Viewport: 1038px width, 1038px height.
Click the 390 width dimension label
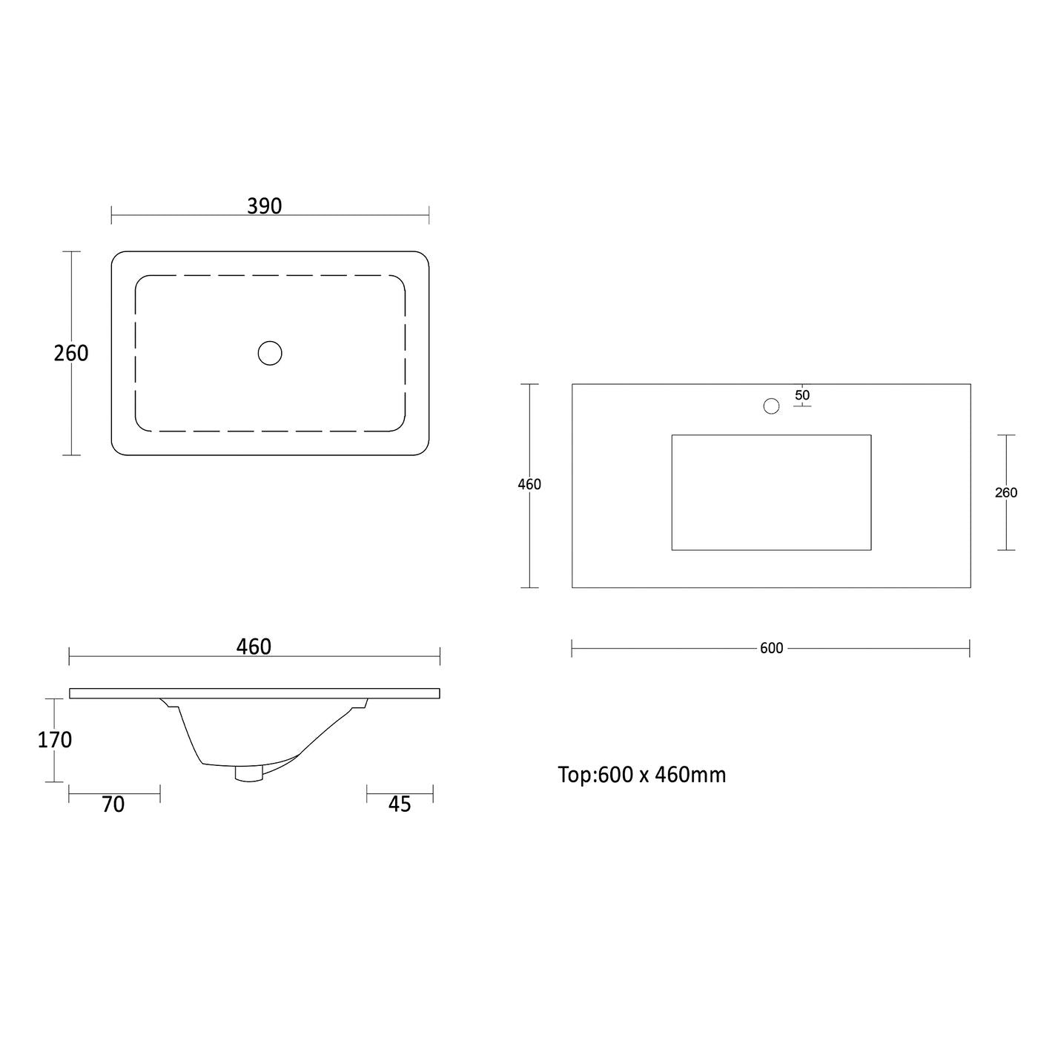click(264, 206)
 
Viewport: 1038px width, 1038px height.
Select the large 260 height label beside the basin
click(71, 354)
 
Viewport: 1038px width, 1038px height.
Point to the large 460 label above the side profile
click(254, 647)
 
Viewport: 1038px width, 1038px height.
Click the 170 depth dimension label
click(54, 740)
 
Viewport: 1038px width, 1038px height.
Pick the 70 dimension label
click(113, 804)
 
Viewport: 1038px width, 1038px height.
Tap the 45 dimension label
click(400, 804)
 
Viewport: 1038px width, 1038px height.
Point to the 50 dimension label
click(802, 395)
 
